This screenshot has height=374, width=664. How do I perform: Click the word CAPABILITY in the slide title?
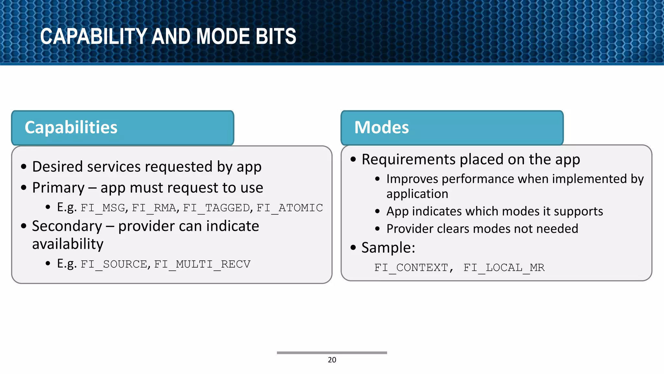click(x=94, y=36)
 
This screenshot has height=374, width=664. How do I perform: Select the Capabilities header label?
click(x=71, y=127)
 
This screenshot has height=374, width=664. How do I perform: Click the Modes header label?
click(x=382, y=127)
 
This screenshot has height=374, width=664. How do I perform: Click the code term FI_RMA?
click(x=154, y=208)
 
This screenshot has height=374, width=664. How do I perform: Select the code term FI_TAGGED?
click(x=217, y=208)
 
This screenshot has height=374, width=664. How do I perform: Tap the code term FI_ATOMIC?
click(x=290, y=208)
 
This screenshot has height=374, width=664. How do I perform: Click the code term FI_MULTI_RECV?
click(x=202, y=264)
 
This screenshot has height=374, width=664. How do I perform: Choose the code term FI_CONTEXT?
click(x=411, y=268)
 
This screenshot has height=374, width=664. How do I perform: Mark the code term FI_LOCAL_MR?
click(x=504, y=268)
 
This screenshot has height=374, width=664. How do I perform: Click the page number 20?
click(x=332, y=360)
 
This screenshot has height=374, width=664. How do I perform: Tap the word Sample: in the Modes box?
click(x=388, y=248)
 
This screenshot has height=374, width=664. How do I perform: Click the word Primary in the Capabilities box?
click(x=58, y=188)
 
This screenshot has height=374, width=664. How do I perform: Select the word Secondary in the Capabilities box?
click(x=67, y=226)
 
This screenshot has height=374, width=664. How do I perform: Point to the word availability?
click(x=68, y=244)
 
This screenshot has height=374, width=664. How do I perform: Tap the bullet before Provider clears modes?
click(x=377, y=229)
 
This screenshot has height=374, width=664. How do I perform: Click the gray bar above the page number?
click(x=332, y=353)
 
